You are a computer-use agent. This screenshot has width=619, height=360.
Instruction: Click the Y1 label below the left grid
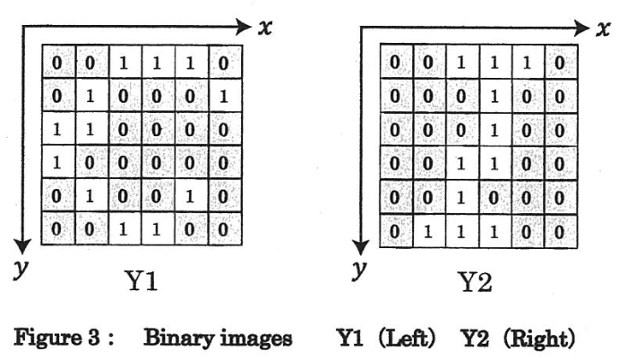point(141,282)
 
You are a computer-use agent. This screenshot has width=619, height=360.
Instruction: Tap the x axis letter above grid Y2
point(605,29)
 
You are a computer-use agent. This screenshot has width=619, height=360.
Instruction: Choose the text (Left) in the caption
point(413,339)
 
